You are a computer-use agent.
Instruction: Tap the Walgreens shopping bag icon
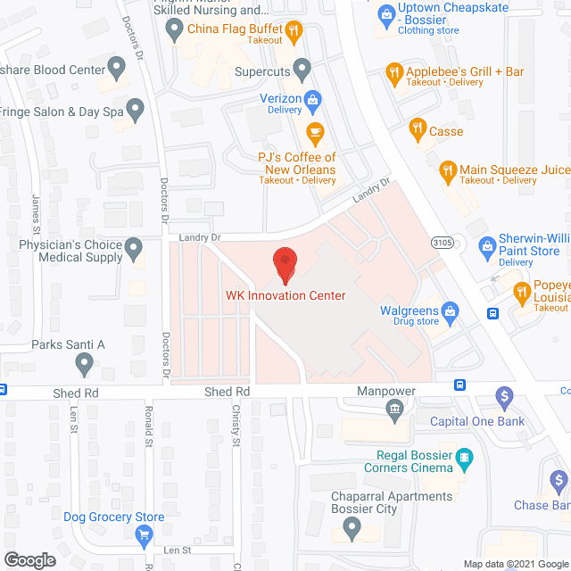(x=450, y=310)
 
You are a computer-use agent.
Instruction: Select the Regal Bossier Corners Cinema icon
(x=464, y=460)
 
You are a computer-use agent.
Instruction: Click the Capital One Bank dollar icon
(x=504, y=395)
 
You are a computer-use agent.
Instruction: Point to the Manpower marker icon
(x=393, y=409)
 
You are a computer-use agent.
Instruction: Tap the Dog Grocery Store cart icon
(x=144, y=535)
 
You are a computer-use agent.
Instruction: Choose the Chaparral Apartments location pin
(x=354, y=528)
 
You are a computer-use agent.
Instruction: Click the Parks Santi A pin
(x=85, y=362)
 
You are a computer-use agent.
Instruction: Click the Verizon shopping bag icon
(x=312, y=99)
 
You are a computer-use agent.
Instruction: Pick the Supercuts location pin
(x=302, y=68)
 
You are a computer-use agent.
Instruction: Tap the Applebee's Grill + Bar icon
(x=393, y=73)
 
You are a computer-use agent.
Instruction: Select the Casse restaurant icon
(x=416, y=130)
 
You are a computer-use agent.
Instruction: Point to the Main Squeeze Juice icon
(x=448, y=169)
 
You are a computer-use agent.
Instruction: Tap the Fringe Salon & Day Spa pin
(x=135, y=110)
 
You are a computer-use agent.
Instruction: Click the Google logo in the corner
(x=29, y=559)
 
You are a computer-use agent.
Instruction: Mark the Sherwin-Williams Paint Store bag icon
(x=487, y=245)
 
